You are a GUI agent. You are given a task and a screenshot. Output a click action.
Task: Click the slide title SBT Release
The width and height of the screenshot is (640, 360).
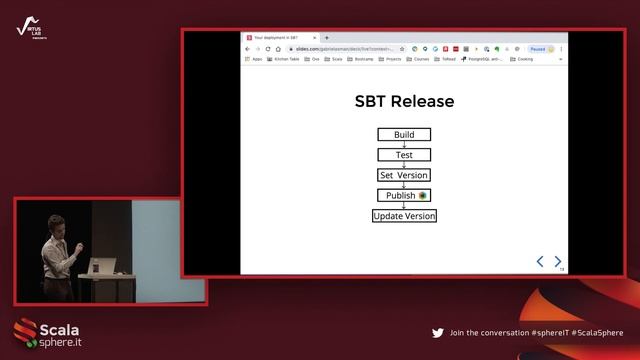click(x=404, y=101)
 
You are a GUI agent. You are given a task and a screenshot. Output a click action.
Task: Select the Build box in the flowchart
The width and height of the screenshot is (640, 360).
click(x=404, y=135)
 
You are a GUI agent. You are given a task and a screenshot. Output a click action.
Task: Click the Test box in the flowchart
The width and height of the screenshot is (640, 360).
click(x=404, y=155)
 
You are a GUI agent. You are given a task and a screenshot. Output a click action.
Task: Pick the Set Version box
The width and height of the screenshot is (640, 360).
click(x=404, y=175)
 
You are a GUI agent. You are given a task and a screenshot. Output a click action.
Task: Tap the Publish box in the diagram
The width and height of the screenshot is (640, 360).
click(x=403, y=195)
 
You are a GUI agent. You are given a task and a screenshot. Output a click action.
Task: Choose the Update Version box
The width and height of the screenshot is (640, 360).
click(x=404, y=215)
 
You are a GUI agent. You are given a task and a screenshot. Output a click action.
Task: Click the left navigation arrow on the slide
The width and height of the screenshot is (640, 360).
click(x=540, y=261)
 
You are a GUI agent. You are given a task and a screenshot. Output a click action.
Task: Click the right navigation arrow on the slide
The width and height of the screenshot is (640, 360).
click(x=558, y=261)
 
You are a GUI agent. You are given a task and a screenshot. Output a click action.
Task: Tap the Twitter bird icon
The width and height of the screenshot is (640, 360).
click(x=437, y=333)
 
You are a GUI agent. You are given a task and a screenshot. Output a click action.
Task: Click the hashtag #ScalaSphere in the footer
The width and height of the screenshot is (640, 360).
click(x=597, y=333)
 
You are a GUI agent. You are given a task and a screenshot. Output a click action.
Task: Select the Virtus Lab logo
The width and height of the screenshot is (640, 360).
click(x=27, y=30)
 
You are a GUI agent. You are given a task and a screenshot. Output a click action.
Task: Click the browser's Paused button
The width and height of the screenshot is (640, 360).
click(x=541, y=48)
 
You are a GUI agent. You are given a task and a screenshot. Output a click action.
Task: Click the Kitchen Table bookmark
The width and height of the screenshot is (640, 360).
click(x=284, y=59)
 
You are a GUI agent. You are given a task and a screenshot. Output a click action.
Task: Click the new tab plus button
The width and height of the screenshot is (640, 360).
click(x=327, y=37)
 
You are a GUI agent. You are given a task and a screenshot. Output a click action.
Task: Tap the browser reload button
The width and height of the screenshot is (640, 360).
click(x=267, y=48)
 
